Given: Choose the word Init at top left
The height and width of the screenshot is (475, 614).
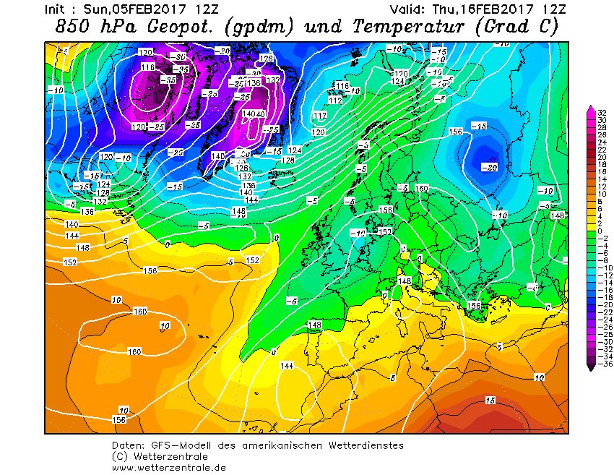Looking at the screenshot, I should point(58,9).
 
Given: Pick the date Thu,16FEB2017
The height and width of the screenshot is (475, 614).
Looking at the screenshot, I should point(486,9).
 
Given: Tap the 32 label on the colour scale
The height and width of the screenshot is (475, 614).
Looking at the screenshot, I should point(601,113).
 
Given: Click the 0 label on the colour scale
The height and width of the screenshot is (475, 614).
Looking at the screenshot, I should point(601,231).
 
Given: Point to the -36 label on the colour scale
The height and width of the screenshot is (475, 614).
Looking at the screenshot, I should point(601,364).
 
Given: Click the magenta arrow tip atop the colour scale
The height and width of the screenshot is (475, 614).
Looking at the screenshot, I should point(591,109).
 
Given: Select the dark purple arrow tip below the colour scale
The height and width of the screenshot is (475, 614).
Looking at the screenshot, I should point(591,368).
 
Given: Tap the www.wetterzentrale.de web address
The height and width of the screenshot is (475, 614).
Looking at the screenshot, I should point(169,468).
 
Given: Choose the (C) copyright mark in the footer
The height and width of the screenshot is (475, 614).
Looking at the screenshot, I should point(120,457).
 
